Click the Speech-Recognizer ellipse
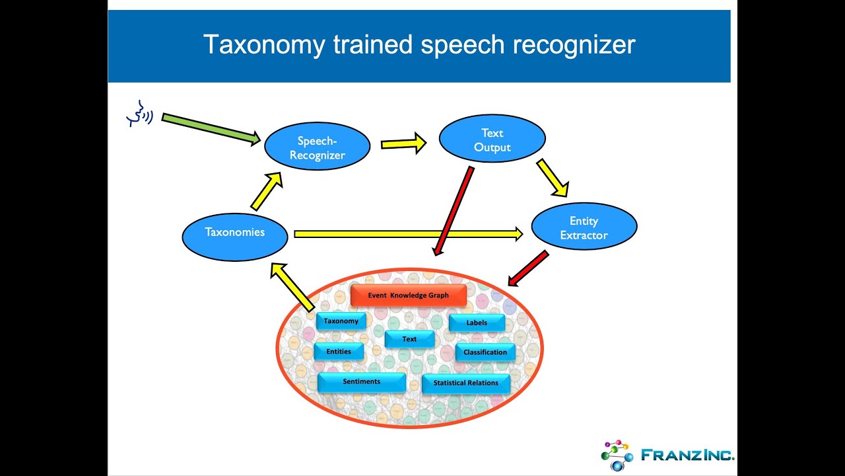coord(317,147)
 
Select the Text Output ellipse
coord(492,139)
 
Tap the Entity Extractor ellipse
coord(584,227)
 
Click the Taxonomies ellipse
coord(234,232)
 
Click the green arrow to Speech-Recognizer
coord(211,128)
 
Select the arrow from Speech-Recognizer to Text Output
coord(403,143)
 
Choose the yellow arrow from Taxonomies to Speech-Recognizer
coord(267,191)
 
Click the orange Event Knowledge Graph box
coord(408,296)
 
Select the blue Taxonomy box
coord(341,321)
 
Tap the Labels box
coord(477,323)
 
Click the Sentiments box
coord(361,382)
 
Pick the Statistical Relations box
coord(465,383)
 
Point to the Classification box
coord(485,352)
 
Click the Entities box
coord(339,352)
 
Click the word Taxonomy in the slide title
coord(264,45)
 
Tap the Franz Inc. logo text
coord(687,456)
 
